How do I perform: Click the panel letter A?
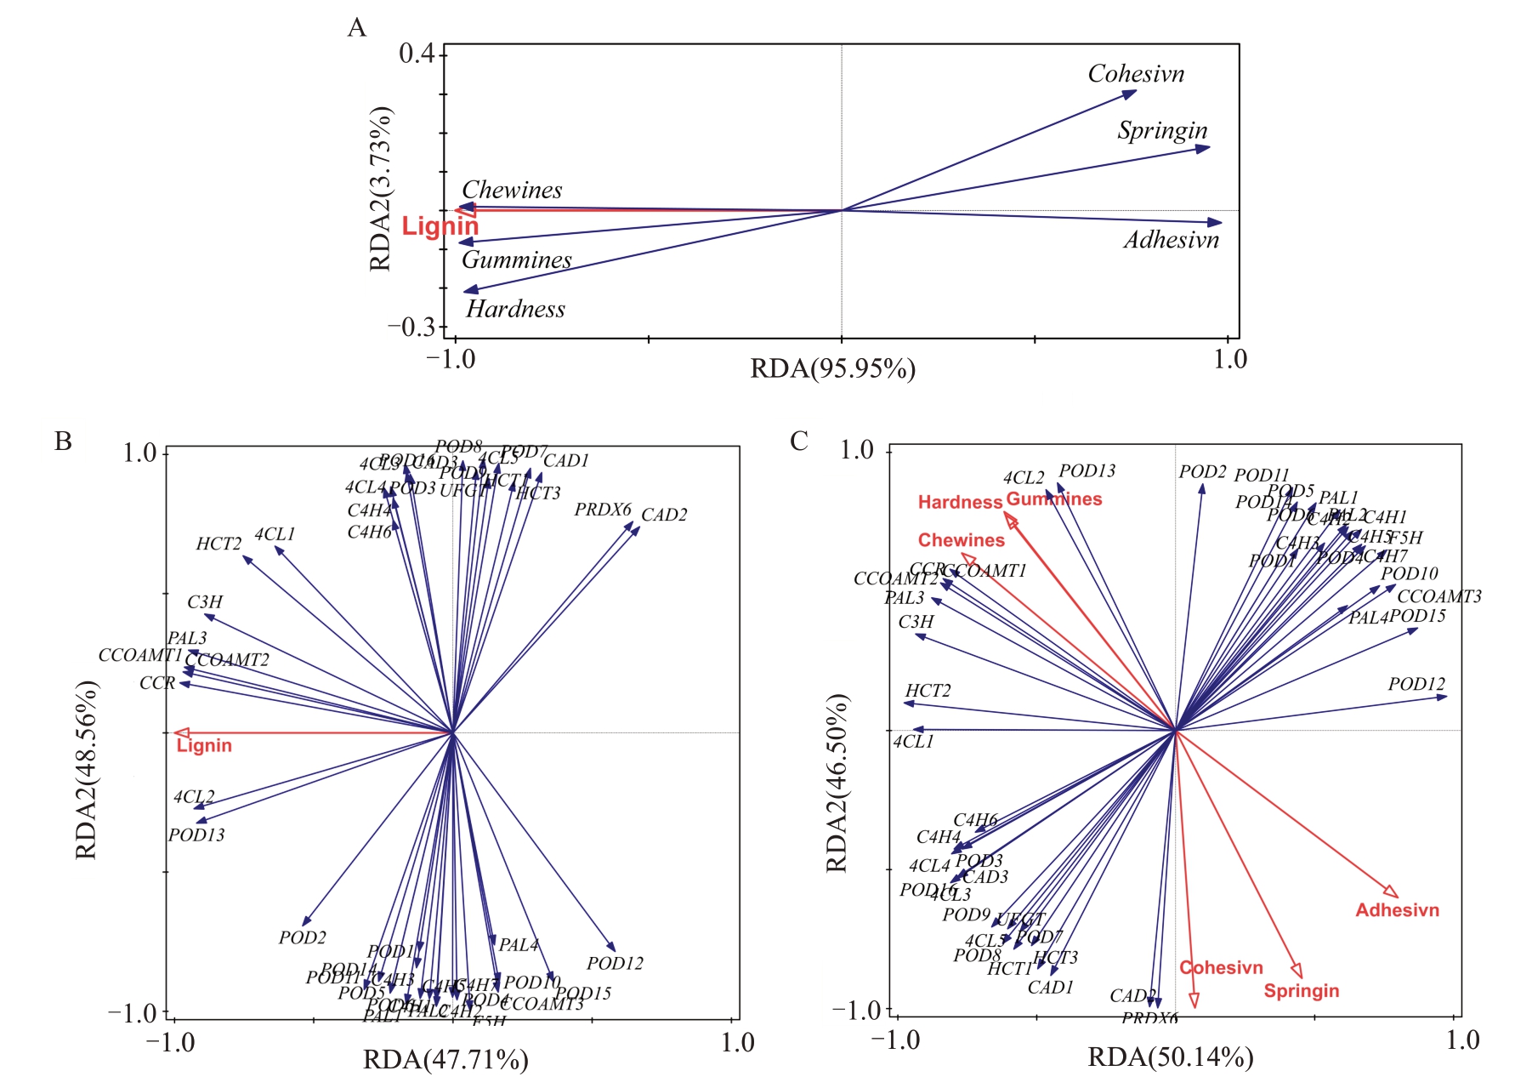tap(357, 28)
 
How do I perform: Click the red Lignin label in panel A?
tap(440, 226)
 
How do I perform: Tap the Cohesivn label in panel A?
tap(1136, 74)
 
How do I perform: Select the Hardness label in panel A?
tap(515, 309)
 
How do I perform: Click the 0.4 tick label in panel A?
tap(416, 54)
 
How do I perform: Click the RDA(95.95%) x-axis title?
tap(832, 368)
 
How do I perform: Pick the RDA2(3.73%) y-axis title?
tap(380, 189)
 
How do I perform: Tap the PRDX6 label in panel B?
tap(603, 510)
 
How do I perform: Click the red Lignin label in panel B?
tap(204, 746)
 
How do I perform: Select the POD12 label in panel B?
tap(615, 963)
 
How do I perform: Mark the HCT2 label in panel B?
tap(218, 544)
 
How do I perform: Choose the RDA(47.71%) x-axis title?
tap(445, 1060)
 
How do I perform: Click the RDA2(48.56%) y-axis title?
tap(87, 770)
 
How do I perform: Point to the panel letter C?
tap(799, 441)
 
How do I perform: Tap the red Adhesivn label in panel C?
tap(1397, 910)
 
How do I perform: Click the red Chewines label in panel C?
tap(961, 540)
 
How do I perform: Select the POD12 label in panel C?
tap(1416, 684)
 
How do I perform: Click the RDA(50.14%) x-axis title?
tap(1171, 1057)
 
